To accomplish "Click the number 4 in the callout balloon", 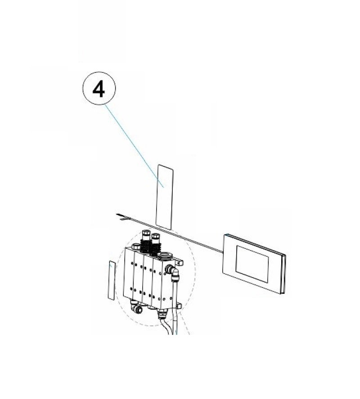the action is pos(99,90).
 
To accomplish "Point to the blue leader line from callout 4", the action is pos(134,146).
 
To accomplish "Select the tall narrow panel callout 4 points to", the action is pos(164,197).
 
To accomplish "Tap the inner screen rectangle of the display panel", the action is pos(252,264).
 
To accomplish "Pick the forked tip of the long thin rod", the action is pos(121,216).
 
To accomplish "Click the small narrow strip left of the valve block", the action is pos(112,280).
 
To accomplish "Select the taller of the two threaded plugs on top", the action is pos(146,238).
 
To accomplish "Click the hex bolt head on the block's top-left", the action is pos(136,247).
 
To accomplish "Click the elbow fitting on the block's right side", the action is pos(172,273).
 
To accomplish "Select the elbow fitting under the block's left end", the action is pos(135,306).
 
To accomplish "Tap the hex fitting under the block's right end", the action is pos(162,314).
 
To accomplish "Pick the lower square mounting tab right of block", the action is pos(178,305).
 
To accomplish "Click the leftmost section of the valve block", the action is pos(129,273).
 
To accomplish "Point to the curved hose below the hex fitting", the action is pos(166,327).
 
